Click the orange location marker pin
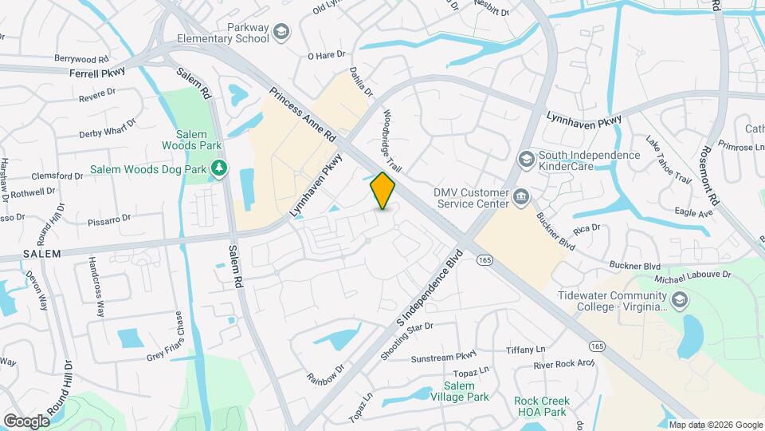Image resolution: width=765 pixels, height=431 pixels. [x=383, y=191]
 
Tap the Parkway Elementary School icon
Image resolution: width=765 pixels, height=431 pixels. [x=280, y=33]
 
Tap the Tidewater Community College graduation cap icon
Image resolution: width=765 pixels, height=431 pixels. [x=679, y=300]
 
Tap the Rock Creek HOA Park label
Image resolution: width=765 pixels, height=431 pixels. [x=539, y=406]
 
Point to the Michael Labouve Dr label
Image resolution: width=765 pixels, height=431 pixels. [x=692, y=275]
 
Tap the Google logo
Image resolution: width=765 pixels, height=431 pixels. [x=26, y=421]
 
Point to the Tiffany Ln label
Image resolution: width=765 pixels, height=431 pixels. [x=525, y=350]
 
